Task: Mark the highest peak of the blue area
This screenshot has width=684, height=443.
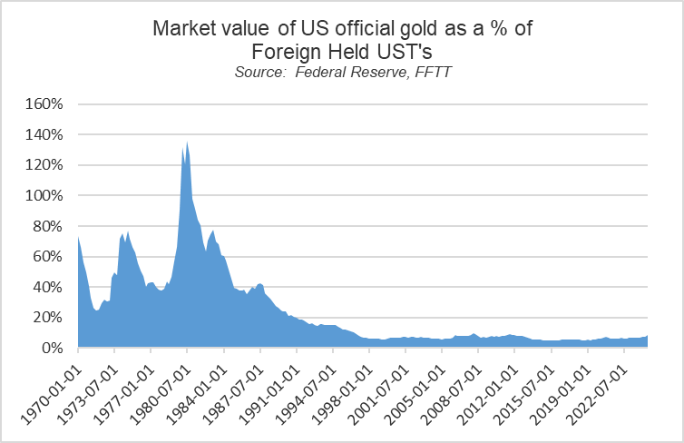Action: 187,142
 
